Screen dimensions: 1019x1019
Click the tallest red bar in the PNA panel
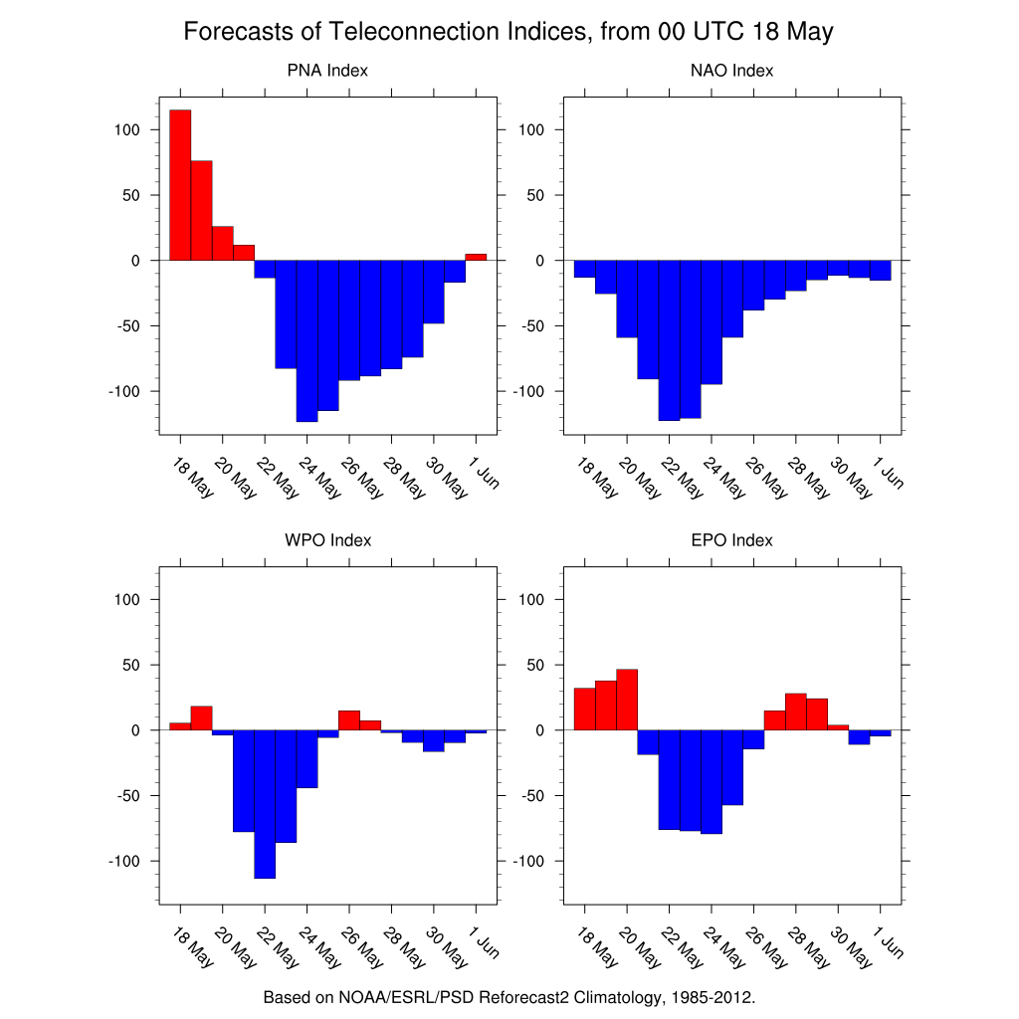coord(180,184)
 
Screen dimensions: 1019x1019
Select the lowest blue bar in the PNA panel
coord(306,340)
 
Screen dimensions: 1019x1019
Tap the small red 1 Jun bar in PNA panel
coord(476,257)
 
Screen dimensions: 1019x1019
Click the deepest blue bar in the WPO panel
coord(265,803)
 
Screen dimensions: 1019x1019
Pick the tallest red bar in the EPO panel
coord(627,700)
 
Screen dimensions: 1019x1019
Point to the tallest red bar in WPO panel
coord(201,717)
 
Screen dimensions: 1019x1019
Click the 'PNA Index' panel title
coord(327,71)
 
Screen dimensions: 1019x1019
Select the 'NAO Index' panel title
coord(731,71)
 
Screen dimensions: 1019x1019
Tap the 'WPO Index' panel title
coord(327,540)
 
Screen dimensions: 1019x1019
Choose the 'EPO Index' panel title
coord(731,540)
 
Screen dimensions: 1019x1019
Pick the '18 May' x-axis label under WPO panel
coord(192,948)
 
